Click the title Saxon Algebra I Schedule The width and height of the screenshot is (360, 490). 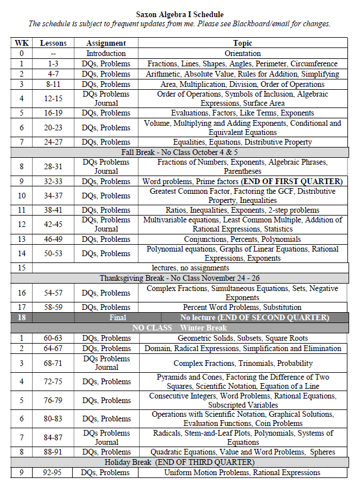point(180,14)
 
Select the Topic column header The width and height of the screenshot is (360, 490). point(242,43)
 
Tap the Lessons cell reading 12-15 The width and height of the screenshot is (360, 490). point(53,98)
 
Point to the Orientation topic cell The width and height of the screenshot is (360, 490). point(242,53)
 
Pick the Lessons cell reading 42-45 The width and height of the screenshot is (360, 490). point(53,224)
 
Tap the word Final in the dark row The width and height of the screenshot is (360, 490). point(117,317)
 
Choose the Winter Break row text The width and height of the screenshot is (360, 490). point(179,328)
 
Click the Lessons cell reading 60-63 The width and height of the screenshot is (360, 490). point(53,338)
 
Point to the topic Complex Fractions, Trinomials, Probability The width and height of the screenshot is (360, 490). point(243,363)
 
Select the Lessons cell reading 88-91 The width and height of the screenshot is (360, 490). point(53,452)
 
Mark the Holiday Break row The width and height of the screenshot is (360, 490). point(179,462)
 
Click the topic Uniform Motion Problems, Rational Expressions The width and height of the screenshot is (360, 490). point(242,472)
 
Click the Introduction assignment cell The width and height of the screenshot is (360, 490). point(106,53)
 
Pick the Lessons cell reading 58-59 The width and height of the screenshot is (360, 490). point(53,307)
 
